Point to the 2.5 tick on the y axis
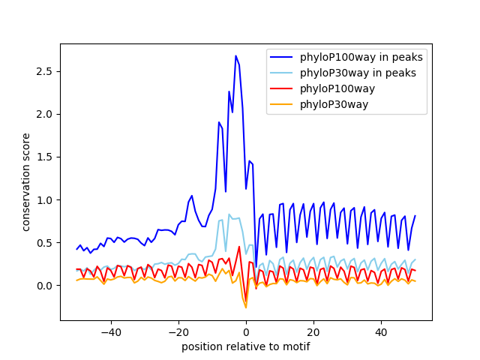pyautogui.click(x=46, y=71)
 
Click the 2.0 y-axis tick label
pyautogui.click(x=46, y=114)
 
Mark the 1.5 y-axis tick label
pyautogui.click(x=46, y=157)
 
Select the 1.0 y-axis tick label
pyautogui.click(x=46, y=200)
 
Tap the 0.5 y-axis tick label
pyautogui.click(x=46, y=243)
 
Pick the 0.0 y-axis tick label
pyautogui.click(x=46, y=286)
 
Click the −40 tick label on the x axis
pyautogui.click(x=110, y=332)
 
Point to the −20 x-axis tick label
pyautogui.click(x=178, y=332)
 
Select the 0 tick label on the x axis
pyautogui.click(x=246, y=332)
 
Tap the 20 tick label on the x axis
pyautogui.click(x=313, y=332)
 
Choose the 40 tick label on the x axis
pyautogui.click(x=381, y=332)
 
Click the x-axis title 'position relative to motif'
pyautogui.click(x=246, y=346)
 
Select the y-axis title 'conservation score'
pyautogui.click(x=26, y=181)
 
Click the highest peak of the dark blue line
pyautogui.click(x=235, y=55)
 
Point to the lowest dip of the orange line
pyautogui.click(x=246, y=307)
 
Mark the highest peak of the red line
pyautogui.click(x=239, y=247)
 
